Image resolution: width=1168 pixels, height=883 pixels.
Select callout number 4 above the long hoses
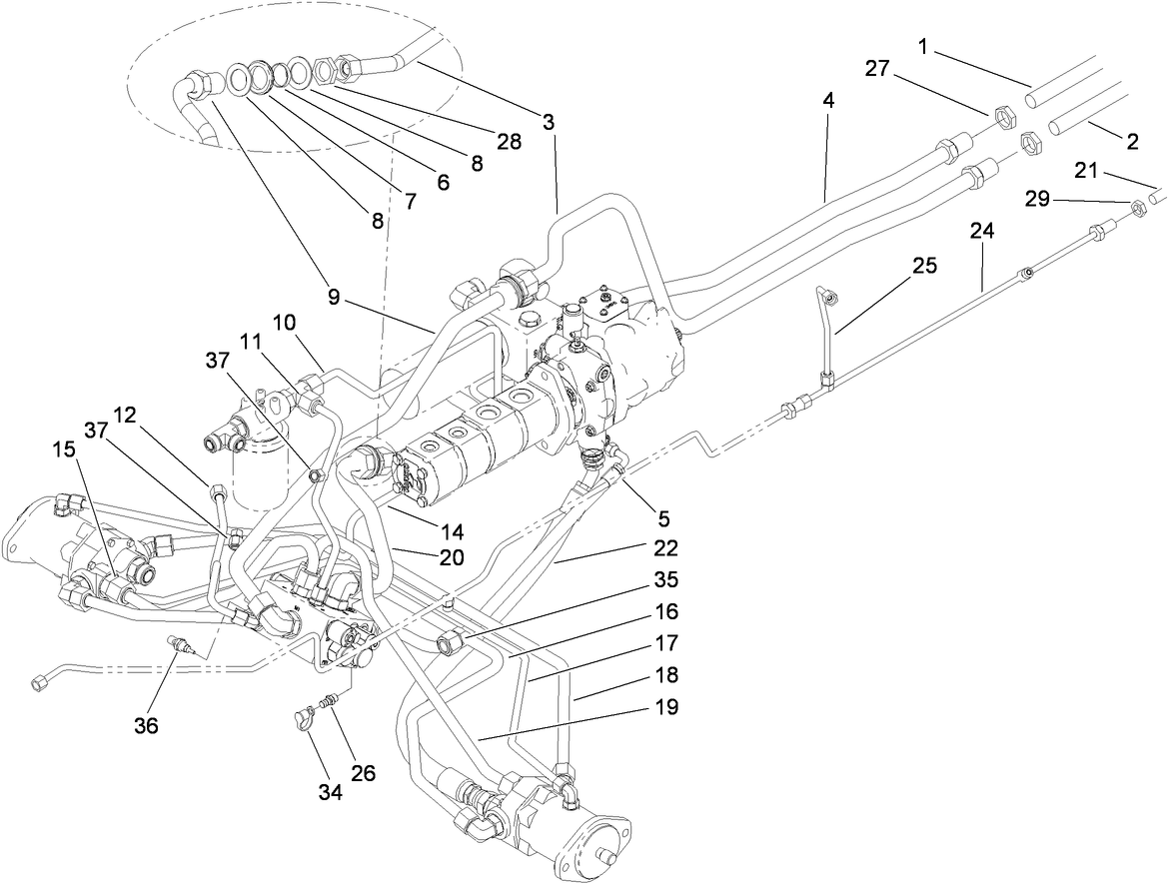tap(828, 101)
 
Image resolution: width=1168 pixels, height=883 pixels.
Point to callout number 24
tap(982, 231)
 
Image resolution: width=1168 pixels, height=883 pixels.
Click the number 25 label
tap(924, 266)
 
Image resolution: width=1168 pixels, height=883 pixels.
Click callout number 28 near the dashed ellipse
tap(510, 142)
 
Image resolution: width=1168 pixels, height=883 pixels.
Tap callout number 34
tap(331, 792)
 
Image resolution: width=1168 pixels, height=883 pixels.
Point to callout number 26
tap(363, 772)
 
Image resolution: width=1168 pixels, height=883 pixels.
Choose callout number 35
tap(666, 578)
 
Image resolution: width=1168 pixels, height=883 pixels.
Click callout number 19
tap(666, 707)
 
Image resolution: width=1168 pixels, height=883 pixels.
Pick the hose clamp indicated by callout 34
tap(301, 714)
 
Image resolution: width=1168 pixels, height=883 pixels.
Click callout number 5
tap(663, 518)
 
